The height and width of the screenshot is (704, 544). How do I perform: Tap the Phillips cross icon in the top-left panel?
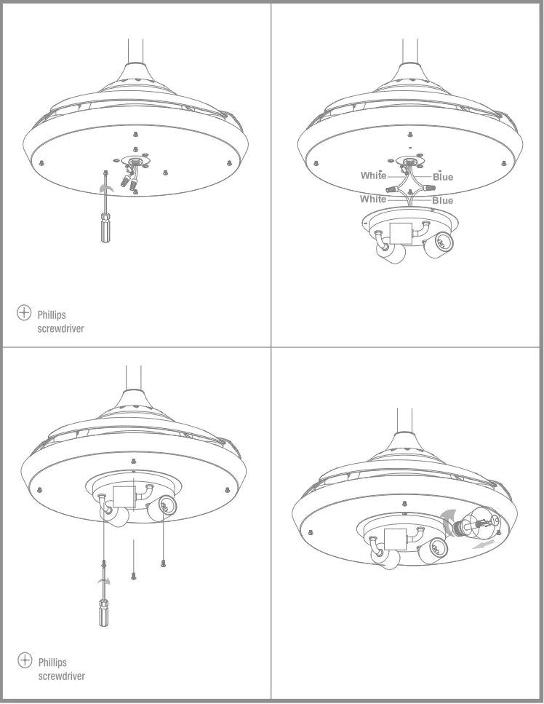coord(24,313)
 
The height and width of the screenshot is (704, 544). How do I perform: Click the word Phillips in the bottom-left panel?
coord(52,663)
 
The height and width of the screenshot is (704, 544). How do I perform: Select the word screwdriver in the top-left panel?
coord(60,329)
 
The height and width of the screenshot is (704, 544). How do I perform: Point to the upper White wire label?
coord(373,175)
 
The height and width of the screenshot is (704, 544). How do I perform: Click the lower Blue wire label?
coord(442,201)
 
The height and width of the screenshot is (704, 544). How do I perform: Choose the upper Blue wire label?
coord(442,177)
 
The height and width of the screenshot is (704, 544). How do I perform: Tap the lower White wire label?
coord(373,199)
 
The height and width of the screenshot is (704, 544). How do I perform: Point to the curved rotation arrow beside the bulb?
coord(446,520)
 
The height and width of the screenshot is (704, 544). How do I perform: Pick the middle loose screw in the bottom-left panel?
coord(134,576)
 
